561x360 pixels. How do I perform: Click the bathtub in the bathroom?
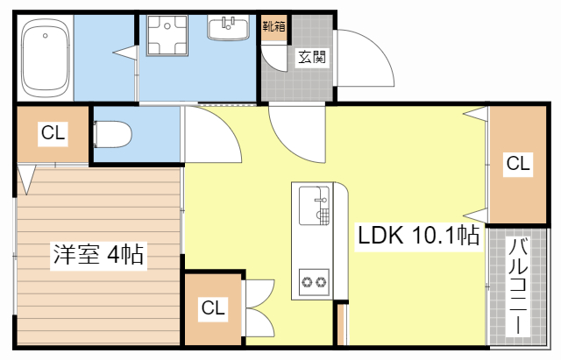(45, 58)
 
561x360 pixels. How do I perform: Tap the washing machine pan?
(167, 35)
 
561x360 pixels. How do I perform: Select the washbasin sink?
(228, 28)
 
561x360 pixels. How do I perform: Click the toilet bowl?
(113, 134)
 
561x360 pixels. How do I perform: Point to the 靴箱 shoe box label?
(274, 26)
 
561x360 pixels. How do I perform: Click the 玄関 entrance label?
(312, 57)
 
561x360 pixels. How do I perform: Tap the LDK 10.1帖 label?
(418, 236)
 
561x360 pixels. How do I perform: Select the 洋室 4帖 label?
(98, 254)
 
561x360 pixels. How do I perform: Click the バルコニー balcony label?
(518, 286)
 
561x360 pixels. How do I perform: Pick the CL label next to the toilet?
(53, 133)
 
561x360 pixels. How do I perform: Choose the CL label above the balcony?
(518, 164)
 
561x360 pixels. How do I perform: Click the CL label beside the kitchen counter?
(213, 307)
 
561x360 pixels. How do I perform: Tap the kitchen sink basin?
(314, 206)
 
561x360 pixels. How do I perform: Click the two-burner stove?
(314, 282)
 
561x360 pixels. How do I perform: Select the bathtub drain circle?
(45, 35)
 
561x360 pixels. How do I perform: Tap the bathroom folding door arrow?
(125, 53)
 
